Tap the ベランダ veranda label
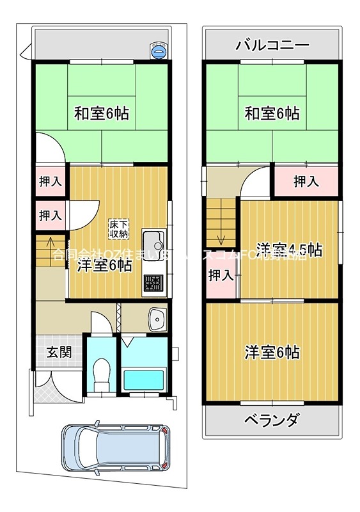(271, 420)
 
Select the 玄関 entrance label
(58, 352)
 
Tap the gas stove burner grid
(154, 282)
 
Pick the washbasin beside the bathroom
(155, 318)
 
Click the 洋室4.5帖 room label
(288, 250)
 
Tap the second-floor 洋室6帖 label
(272, 352)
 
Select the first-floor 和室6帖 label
(102, 114)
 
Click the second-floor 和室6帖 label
(272, 114)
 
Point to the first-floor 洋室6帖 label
(105, 265)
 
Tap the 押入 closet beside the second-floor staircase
(221, 275)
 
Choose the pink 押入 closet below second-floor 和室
(306, 182)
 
